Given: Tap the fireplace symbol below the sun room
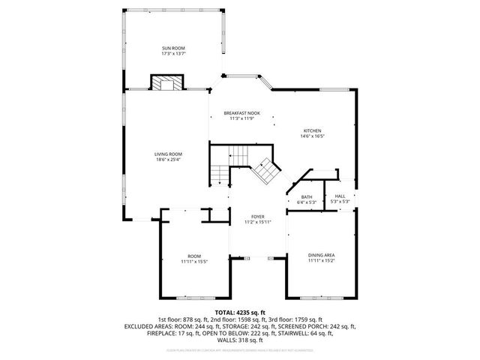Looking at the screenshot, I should pyautogui.click(x=167, y=82).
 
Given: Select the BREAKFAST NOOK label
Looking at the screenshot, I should pyautogui.click(x=241, y=112).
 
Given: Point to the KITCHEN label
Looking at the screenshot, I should pyautogui.click(x=312, y=130).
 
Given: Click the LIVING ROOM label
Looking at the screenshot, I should pyautogui.click(x=169, y=154).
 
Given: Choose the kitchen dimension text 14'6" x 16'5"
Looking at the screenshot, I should pyautogui.click(x=312, y=136).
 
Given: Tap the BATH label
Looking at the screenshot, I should pyautogui.click(x=307, y=196).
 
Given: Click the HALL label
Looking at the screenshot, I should pyautogui.click(x=340, y=196).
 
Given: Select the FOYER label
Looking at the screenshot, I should pyautogui.click(x=257, y=216).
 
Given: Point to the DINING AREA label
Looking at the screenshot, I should pyautogui.click(x=321, y=256).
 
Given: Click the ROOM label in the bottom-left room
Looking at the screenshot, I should pyautogui.click(x=194, y=256).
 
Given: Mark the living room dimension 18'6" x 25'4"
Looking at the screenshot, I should pyautogui.click(x=169, y=159).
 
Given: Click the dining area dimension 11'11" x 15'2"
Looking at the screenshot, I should pyautogui.click(x=321, y=262).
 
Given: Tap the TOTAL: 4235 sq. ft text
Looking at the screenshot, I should pyautogui.click(x=240, y=312).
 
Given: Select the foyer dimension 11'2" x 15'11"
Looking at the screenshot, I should pyautogui.click(x=257, y=222).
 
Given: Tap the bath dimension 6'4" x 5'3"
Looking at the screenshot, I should pyautogui.click(x=307, y=202).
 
